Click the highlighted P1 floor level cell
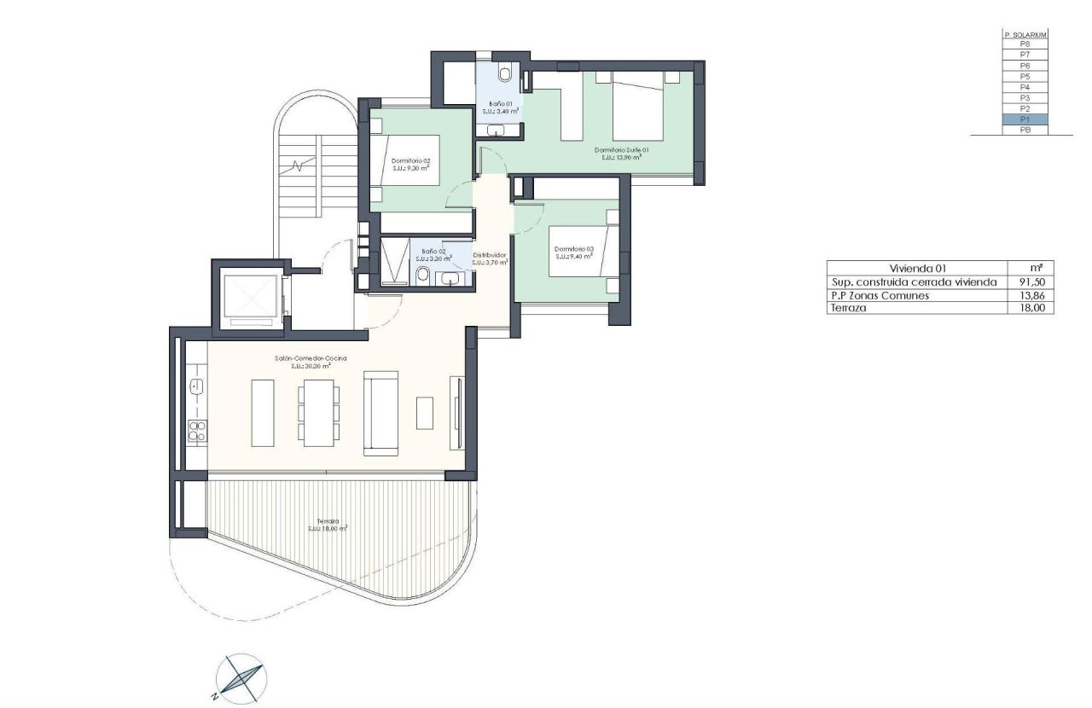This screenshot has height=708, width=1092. (1025, 119)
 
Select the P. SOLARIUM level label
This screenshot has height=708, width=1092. (1025, 34)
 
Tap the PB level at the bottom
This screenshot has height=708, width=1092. (1025, 131)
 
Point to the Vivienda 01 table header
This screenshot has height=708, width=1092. (918, 268)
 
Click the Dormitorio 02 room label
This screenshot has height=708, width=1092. (410, 164)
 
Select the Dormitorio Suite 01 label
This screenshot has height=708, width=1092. (621, 153)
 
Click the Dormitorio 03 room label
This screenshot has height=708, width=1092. (573, 252)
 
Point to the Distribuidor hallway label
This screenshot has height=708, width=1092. (491, 258)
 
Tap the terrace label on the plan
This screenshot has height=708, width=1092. (328, 525)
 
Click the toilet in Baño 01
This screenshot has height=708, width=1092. (505, 75)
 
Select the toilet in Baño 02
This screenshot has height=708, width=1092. (423, 275)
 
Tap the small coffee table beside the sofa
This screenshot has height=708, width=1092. (425, 413)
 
